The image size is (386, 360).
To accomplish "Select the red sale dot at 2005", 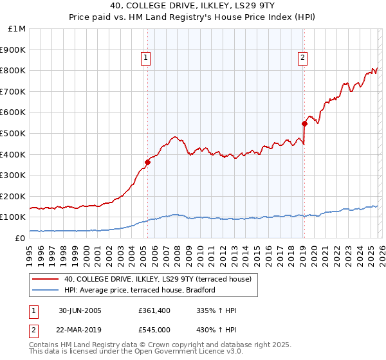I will point(147,162).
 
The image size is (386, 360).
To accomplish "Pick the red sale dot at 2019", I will point(304,123).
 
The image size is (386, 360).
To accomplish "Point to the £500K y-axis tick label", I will point(13,133).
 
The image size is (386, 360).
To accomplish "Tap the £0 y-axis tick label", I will point(20,238).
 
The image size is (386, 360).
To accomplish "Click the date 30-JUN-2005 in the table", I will point(80,310).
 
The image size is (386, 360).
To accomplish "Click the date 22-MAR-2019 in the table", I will point(80,329).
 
